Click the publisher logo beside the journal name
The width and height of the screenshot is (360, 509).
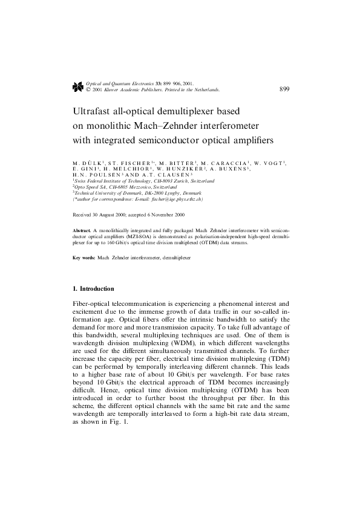pyautogui.click(x=77, y=86)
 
